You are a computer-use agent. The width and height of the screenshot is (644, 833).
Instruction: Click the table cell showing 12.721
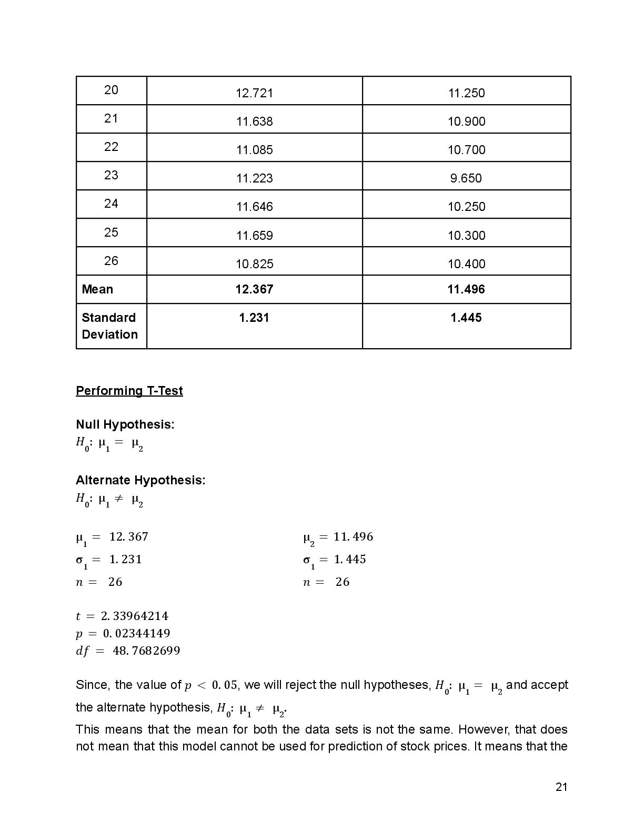coord(254,93)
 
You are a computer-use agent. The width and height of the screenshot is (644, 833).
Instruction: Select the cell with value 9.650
coord(466,178)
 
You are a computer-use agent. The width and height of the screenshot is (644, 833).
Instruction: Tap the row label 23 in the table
coord(111,175)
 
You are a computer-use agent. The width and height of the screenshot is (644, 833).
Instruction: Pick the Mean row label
coord(97,289)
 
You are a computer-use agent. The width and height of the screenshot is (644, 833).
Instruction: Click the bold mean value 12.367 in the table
coord(254,289)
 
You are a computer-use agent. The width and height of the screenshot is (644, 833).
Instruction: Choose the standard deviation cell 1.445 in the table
coord(466,318)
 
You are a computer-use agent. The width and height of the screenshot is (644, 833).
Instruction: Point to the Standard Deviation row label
coord(109,326)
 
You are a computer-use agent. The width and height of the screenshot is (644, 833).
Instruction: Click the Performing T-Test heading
coord(129,391)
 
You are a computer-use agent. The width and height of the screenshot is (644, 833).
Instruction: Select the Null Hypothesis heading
coord(125,424)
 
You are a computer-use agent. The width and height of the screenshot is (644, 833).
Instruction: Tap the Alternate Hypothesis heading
coord(140,480)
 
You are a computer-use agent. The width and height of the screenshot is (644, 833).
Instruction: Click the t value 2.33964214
coord(134,616)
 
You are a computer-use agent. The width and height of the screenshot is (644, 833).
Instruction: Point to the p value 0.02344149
coord(136,633)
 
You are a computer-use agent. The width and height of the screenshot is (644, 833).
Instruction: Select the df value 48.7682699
coord(146,651)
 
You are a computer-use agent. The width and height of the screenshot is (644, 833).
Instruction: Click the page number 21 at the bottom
coord(561,787)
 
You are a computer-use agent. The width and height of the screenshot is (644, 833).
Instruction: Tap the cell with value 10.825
coord(254,264)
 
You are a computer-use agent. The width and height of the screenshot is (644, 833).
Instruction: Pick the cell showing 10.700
coord(466,150)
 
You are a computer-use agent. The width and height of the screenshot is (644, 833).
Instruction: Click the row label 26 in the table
coord(111,261)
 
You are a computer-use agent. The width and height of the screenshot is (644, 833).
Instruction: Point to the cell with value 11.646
coord(254,207)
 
